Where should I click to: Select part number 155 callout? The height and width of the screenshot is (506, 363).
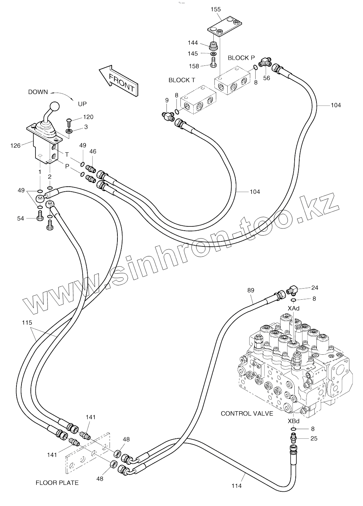click(216, 10)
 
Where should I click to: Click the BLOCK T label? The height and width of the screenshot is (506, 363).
click(181, 80)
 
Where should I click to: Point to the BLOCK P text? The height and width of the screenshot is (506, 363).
click(241, 58)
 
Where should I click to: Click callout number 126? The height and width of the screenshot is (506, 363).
click(15, 146)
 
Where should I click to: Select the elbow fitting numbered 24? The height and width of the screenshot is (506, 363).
click(292, 289)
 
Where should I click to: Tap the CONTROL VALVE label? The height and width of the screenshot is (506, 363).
click(247, 414)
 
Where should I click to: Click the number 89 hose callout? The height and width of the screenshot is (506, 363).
click(251, 290)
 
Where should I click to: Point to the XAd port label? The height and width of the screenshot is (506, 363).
click(294, 308)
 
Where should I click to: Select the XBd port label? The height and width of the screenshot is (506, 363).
click(294, 421)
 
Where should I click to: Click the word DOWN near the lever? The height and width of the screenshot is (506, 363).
click(38, 92)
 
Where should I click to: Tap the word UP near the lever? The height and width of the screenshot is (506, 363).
click(82, 104)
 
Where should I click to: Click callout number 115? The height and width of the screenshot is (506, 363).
click(27, 323)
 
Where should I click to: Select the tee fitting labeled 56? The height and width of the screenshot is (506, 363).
click(265, 62)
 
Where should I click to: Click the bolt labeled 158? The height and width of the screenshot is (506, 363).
click(213, 62)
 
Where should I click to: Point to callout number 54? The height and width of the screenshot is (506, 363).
click(20, 218)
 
